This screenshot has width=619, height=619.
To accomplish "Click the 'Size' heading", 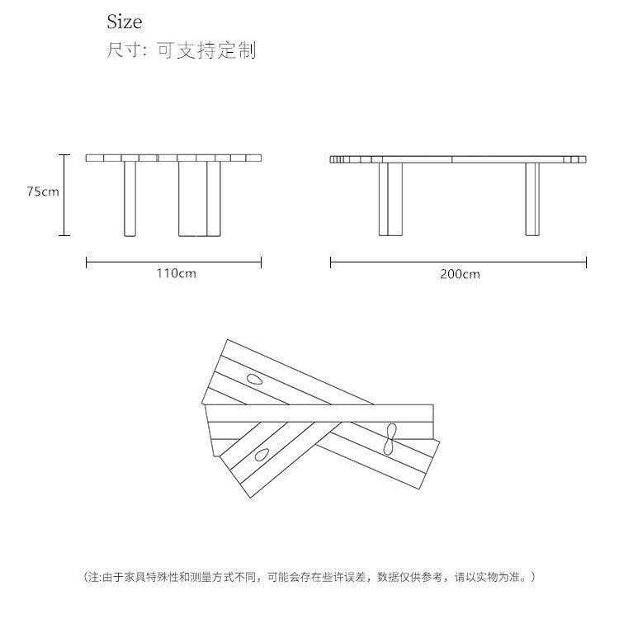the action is tap(124, 21).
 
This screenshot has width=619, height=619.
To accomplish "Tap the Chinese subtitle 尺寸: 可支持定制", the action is tap(182, 50).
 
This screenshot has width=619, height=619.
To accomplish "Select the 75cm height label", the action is tap(43, 191).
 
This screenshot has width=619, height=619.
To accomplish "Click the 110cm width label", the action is tap(176, 273).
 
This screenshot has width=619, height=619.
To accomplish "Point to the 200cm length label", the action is tap(461, 274).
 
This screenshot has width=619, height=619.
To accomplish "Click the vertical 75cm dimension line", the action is tap(64, 195).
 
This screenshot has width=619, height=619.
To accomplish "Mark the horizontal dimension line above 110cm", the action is tap(173, 261).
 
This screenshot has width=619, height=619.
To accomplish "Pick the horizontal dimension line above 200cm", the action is tap(458, 262).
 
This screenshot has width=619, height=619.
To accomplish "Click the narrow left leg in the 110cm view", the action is tap(130, 199).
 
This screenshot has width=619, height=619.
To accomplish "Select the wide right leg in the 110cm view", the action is tap(200, 199).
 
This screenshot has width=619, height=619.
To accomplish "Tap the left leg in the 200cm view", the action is tap(390, 200).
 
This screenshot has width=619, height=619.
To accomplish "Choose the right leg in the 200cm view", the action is tap(532, 200).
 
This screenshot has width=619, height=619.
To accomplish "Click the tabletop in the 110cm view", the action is tap(173, 158).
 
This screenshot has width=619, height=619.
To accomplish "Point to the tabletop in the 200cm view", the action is tap(458, 159).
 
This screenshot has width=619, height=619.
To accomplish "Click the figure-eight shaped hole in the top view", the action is tap(390, 438).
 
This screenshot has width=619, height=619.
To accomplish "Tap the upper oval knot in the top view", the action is tap(255, 379).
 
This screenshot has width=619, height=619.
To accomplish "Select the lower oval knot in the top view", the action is tap(262, 455).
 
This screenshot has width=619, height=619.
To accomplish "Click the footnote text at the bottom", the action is tap(309, 577).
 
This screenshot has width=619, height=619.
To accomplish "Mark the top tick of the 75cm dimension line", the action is tap(64, 155).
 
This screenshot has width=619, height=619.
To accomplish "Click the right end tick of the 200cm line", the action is tap(587, 262).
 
